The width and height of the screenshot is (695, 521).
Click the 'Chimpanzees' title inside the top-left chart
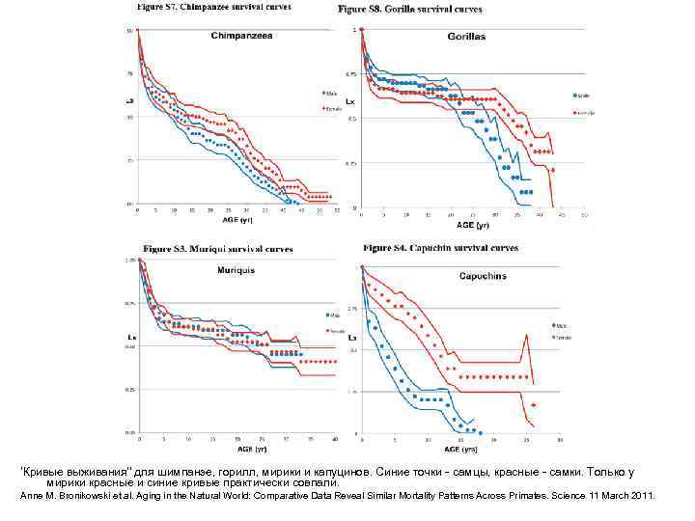point(242,36)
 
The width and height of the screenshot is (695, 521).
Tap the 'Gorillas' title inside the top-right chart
point(466,36)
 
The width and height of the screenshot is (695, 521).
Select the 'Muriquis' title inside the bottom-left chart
point(236,271)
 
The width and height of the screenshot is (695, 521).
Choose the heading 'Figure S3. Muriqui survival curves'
point(218,249)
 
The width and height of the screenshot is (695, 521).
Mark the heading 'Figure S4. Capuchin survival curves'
point(440,248)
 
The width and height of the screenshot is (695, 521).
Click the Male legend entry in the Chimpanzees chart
point(330,94)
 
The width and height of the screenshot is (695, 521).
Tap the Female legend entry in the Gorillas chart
point(585,112)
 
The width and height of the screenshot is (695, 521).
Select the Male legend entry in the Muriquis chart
point(334,315)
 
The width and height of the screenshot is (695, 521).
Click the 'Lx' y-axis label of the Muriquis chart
point(130,338)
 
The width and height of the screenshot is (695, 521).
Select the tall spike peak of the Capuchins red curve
point(526,334)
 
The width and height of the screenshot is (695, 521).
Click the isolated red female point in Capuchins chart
point(533,406)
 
